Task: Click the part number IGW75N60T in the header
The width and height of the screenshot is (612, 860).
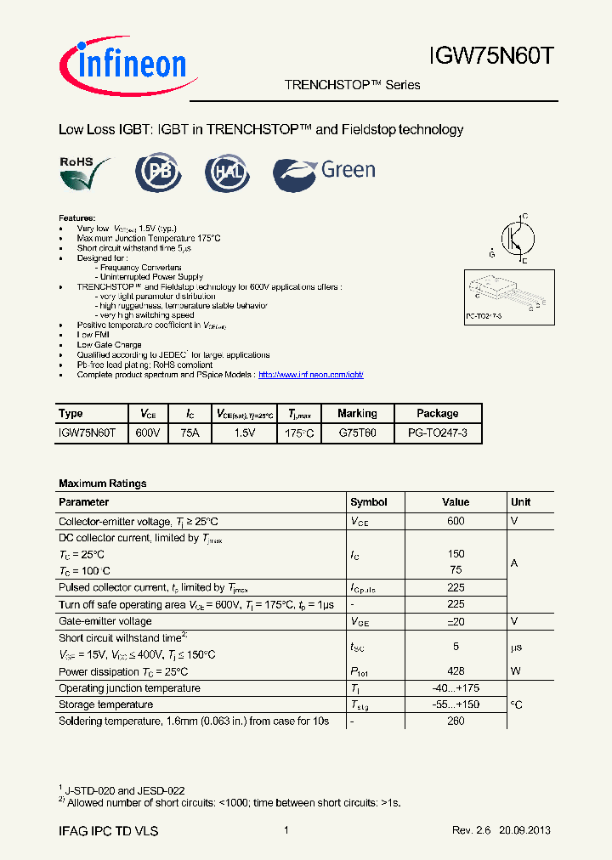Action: (492, 57)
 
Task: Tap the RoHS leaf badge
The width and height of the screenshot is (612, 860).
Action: (85, 173)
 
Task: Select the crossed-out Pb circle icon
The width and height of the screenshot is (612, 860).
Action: (159, 173)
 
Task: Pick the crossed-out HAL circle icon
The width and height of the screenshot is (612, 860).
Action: (228, 173)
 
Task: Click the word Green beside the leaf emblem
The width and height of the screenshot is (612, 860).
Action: (348, 170)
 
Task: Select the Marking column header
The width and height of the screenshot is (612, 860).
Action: (357, 414)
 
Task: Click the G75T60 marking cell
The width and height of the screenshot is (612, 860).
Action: (357, 433)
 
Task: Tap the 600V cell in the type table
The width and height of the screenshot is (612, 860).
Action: (148, 433)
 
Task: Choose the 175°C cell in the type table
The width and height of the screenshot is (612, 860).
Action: (299, 433)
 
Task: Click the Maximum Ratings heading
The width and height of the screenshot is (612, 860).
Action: (103, 484)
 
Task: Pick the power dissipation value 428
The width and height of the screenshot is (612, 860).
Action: (456, 671)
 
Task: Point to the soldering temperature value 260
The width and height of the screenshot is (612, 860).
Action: (456, 721)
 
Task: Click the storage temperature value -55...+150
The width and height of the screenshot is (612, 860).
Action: (456, 704)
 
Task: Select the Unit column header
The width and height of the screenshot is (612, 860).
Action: (521, 502)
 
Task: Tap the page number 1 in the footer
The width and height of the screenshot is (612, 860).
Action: (286, 830)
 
